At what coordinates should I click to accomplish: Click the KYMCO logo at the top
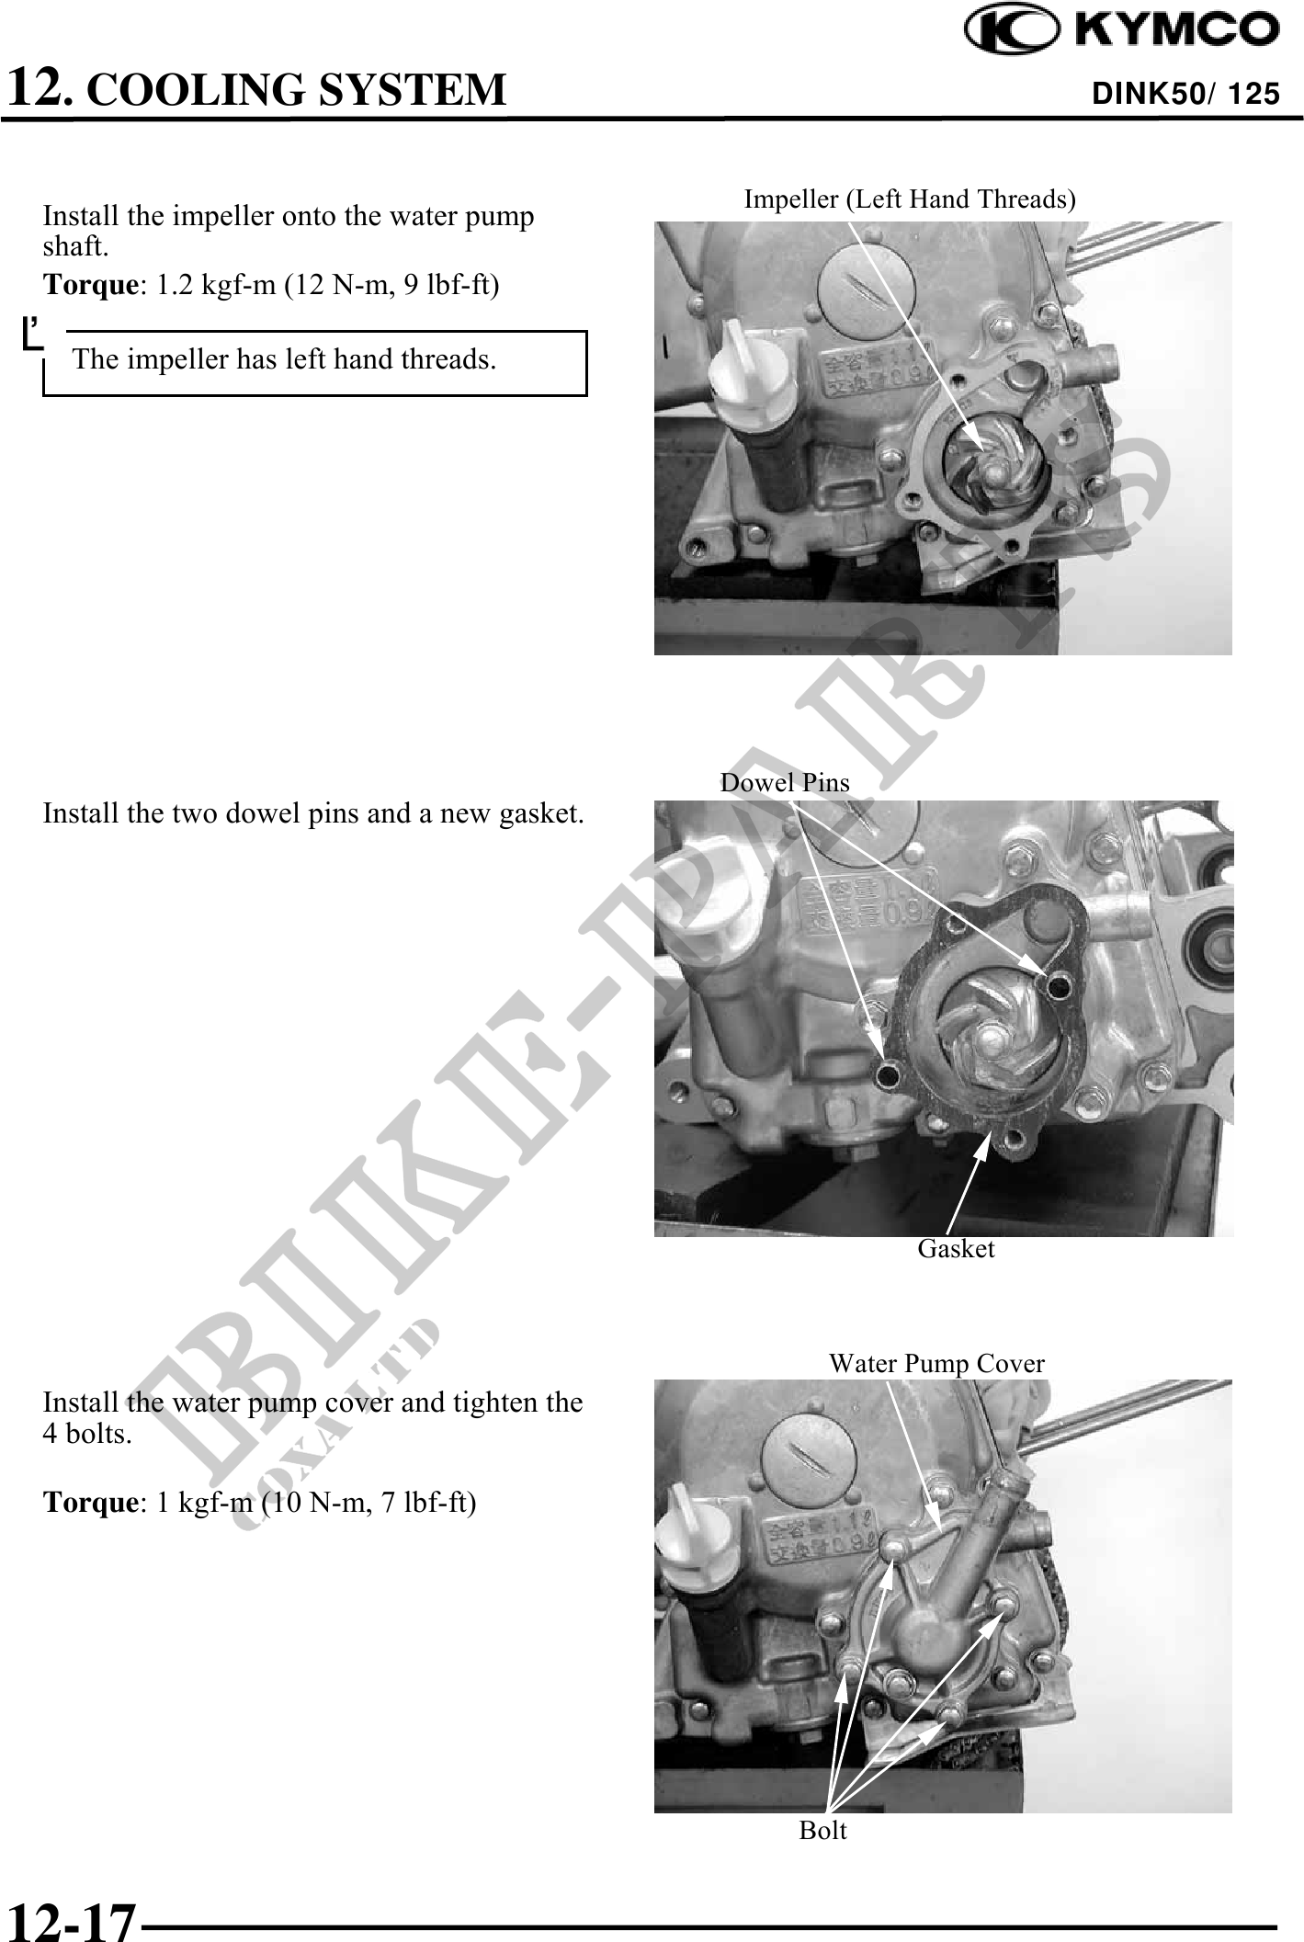tap(1121, 30)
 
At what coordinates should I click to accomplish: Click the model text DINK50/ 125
tap(1185, 93)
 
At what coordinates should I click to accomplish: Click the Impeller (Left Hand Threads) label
tap(910, 199)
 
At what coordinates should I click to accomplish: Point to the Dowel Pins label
tap(785, 782)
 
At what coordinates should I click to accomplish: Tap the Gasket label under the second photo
tap(956, 1248)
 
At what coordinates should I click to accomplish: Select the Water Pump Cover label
tap(936, 1363)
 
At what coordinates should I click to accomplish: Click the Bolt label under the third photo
tap(822, 1830)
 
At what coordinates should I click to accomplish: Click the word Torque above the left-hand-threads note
tap(90, 285)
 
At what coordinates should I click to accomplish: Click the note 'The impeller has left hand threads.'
tap(285, 358)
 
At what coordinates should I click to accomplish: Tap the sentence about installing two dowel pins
tap(313, 813)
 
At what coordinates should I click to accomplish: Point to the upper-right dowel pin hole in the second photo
tap(1057, 988)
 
